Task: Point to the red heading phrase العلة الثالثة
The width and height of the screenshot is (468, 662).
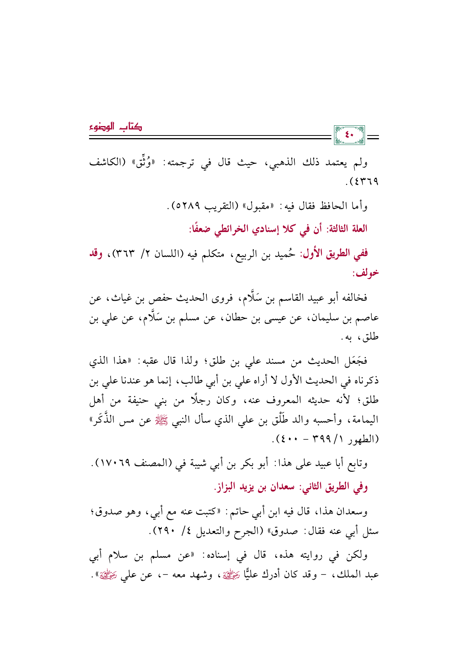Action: (347, 229)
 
